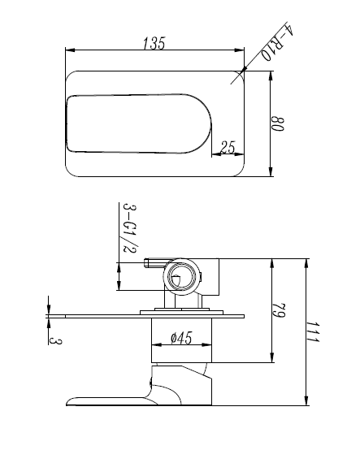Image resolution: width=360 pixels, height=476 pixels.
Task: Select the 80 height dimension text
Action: pyautogui.click(x=277, y=124)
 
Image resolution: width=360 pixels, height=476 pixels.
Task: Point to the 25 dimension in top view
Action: pyautogui.click(x=228, y=147)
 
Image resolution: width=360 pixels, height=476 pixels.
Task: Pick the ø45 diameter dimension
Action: pyautogui.click(x=180, y=340)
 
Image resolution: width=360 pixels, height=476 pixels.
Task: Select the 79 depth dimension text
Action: pyautogui.click(x=279, y=311)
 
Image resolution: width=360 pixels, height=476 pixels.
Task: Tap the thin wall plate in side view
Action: pyautogui.click(x=154, y=314)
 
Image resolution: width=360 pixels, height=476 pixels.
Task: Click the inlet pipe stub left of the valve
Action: pyautogui.click(x=155, y=262)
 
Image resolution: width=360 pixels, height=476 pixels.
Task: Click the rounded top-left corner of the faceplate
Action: pyautogui.click(x=70, y=76)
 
